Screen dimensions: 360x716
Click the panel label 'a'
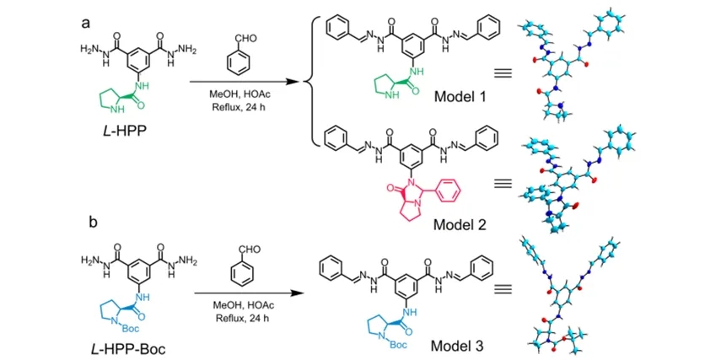pos(86,23)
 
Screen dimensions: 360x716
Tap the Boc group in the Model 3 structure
pos(396,343)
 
